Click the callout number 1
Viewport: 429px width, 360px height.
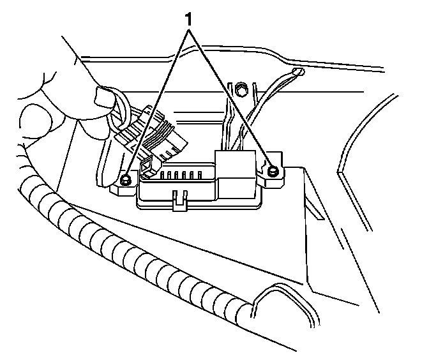[188, 19]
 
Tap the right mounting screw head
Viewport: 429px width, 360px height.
[273, 170]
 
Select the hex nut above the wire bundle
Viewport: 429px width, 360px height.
[242, 87]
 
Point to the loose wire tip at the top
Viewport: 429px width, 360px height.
[298, 71]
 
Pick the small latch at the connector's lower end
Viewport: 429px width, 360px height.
[146, 167]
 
